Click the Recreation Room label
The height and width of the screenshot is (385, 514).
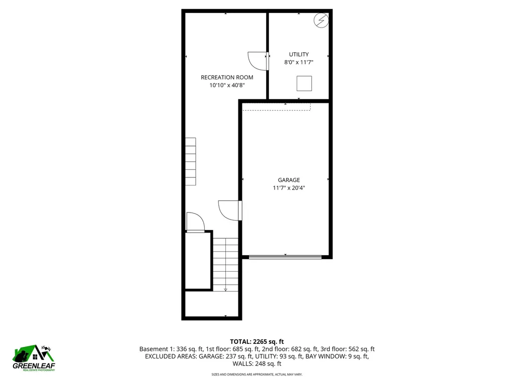[x=227, y=77]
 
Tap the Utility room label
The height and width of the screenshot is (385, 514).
[x=299, y=54]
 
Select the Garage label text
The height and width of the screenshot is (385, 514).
[x=289, y=180]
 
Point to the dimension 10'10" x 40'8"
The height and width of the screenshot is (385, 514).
[x=227, y=86]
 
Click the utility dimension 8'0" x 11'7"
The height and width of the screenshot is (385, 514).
[x=299, y=63]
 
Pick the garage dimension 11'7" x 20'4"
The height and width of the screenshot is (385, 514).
[x=289, y=188]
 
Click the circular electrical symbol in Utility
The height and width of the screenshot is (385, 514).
[x=321, y=20]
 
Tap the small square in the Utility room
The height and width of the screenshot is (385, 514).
[x=304, y=83]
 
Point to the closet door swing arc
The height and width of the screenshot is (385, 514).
[x=195, y=222]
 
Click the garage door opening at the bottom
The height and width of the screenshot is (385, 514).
[x=285, y=257]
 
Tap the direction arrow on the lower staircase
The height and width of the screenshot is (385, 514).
[x=225, y=288]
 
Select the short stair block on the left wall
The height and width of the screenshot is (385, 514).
[x=190, y=161]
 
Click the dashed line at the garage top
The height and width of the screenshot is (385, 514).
[x=276, y=110]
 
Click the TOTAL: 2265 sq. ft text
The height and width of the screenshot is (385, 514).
[x=256, y=340]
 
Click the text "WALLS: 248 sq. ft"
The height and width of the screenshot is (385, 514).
[x=256, y=364]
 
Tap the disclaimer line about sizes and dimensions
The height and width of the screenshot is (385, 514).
[x=256, y=374]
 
